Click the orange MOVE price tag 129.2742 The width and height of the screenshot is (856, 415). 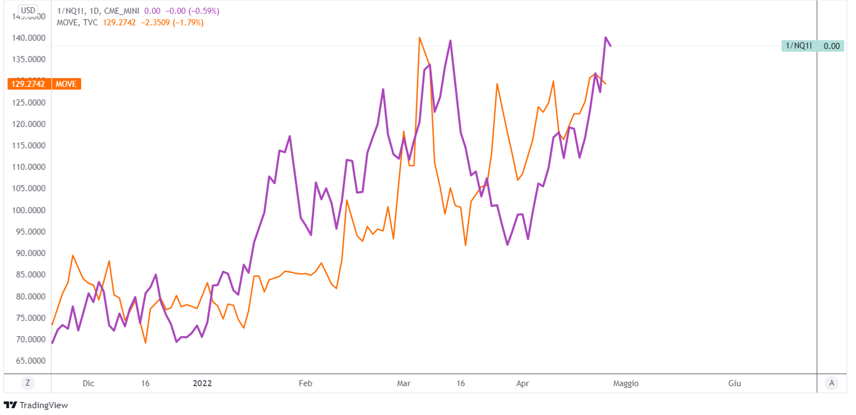[29, 84]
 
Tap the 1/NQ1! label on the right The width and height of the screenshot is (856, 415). [799, 46]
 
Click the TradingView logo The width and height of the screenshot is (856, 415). [36, 405]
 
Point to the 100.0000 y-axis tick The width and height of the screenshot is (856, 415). [29, 210]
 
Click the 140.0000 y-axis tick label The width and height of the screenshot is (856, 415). [29, 38]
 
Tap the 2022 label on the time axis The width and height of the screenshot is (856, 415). [202, 383]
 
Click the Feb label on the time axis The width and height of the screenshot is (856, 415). [305, 383]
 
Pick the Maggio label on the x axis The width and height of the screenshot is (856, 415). [625, 383]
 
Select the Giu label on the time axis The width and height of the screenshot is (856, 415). [734, 383]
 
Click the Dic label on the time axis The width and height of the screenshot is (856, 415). [88, 383]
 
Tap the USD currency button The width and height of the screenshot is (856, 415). [28, 10]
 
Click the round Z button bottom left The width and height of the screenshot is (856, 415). [27, 383]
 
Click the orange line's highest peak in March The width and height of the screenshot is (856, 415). [419, 38]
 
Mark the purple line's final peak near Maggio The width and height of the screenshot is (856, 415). [605, 38]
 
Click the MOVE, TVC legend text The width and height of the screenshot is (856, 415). [77, 23]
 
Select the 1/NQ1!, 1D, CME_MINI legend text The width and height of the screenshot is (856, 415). [98, 11]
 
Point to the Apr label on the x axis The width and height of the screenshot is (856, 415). [522, 383]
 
